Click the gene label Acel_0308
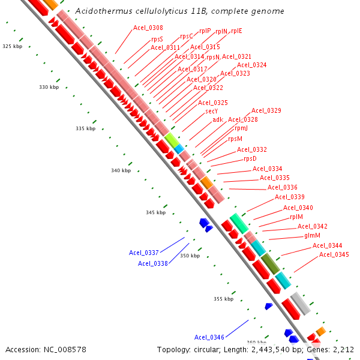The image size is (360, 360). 148,28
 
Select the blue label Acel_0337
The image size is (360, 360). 144,253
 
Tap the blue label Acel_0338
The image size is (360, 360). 153,263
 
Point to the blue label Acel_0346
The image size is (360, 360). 209,337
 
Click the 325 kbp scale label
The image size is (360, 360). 12,46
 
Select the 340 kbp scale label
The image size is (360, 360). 121,170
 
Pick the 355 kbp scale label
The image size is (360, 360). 223,299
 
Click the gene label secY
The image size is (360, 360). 212,111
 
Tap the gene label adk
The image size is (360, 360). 217,119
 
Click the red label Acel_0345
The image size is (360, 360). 334,254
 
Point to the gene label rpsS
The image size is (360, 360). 157,39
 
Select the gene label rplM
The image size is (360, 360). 296,217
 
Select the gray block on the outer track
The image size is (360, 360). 300,304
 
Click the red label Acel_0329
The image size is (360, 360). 266,110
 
